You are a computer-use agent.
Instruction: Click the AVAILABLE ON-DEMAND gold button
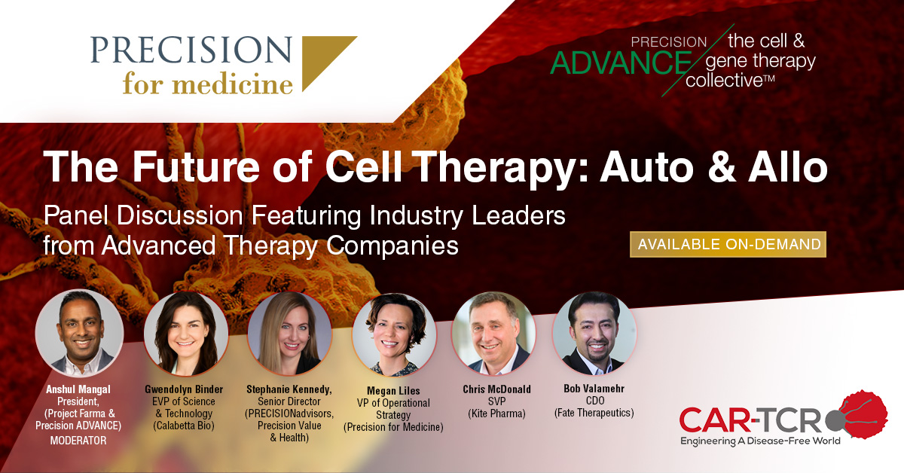[728, 244]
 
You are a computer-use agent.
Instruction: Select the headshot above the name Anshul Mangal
[79, 334]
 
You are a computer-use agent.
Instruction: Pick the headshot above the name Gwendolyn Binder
[186, 334]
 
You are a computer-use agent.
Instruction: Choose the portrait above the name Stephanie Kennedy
[289, 334]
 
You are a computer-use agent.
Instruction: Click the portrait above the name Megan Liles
[394, 334]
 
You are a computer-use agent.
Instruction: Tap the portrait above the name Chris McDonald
[493, 334]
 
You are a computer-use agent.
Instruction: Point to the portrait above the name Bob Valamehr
[594, 334]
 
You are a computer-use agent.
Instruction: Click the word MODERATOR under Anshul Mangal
[78, 441]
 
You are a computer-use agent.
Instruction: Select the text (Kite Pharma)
[496, 413]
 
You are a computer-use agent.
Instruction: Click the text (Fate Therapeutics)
[594, 413]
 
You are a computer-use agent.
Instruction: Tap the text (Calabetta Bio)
[184, 426]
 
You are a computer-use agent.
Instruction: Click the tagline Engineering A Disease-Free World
[760, 441]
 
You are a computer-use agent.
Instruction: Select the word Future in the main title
[196, 166]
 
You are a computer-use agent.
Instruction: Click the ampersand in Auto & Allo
[721, 166]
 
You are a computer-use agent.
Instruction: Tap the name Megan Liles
[393, 391]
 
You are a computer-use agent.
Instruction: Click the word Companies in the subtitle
[392, 246]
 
